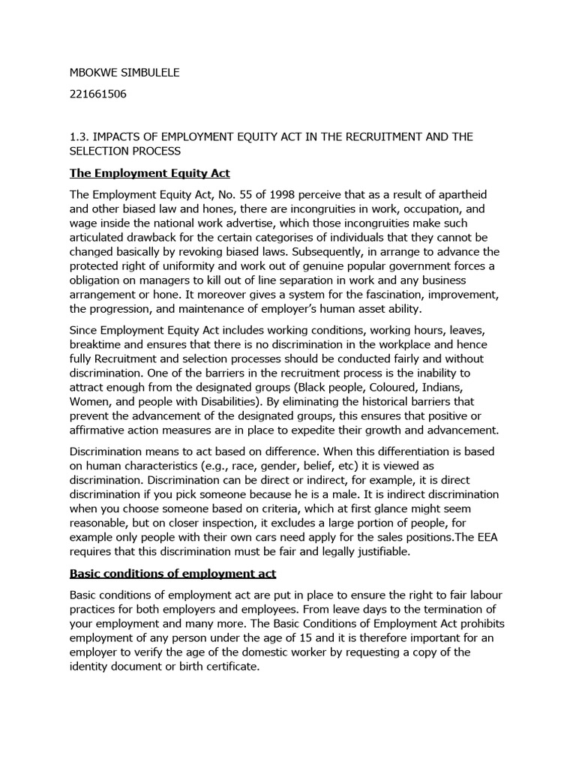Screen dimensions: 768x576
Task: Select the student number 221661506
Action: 99,95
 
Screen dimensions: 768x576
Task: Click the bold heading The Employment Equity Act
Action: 149,173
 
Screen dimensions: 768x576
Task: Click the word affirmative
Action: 106,430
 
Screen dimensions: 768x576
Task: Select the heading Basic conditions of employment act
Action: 172,573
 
